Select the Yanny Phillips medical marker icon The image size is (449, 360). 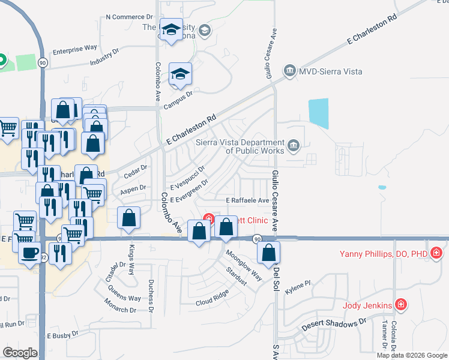click(436, 253)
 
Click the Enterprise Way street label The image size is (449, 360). click(75, 47)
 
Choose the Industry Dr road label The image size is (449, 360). click(104, 58)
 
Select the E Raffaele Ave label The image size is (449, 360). click(247, 200)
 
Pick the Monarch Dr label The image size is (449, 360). click(119, 310)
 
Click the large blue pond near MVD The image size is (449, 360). click(318, 113)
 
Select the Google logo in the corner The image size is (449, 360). click(20, 352)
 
